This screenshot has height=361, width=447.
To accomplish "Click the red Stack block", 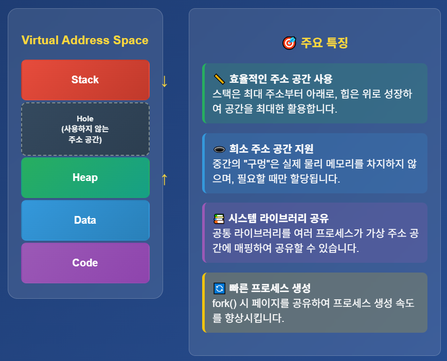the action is pyautogui.click(x=85, y=80).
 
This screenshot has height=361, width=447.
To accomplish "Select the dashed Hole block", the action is pyautogui.click(x=85, y=129).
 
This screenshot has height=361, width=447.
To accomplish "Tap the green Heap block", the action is pyautogui.click(x=85, y=177).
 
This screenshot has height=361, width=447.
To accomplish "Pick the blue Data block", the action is pyautogui.click(x=85, y=220).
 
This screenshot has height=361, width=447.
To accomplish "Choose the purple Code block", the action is pyautogui.click(x=85, y=263).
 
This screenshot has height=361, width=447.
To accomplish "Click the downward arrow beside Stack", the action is pyautogui.click(x=165, y=81).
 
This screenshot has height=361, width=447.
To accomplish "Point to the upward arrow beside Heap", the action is pyautogui.click(x=165, y=179).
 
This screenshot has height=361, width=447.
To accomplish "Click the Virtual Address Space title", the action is pyautogui.click(x=85, y=40).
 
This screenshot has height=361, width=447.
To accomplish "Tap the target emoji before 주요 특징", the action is pyautogui.click(x=289, y=43).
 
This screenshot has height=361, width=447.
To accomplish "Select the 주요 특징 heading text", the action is pyautogui.click(x=325, y=43).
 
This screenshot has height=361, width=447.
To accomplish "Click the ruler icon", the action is pyautogui.click(x=219, y=79).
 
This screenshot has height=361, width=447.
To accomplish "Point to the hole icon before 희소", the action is pyautogui.click(x=219, y=149).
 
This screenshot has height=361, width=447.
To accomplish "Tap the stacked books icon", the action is pyautogui.click(x=219, y=219).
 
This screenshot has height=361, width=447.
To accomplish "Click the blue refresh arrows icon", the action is pyautogui.click(x=219, y=288).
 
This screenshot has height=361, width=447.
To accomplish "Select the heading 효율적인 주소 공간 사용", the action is pyautogui.click(x=281, y=79).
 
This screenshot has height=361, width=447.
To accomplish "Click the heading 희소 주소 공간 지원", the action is pyautogui.click(x=272, y=149).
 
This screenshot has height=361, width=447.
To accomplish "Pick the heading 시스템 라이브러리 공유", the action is pyautogui.click(x=278, y=219).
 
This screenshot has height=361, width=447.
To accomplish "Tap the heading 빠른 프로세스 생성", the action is pyautogui.click(x=270, y=288).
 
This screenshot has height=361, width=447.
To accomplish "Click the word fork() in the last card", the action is pyautogui.click(x=224, y=303).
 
